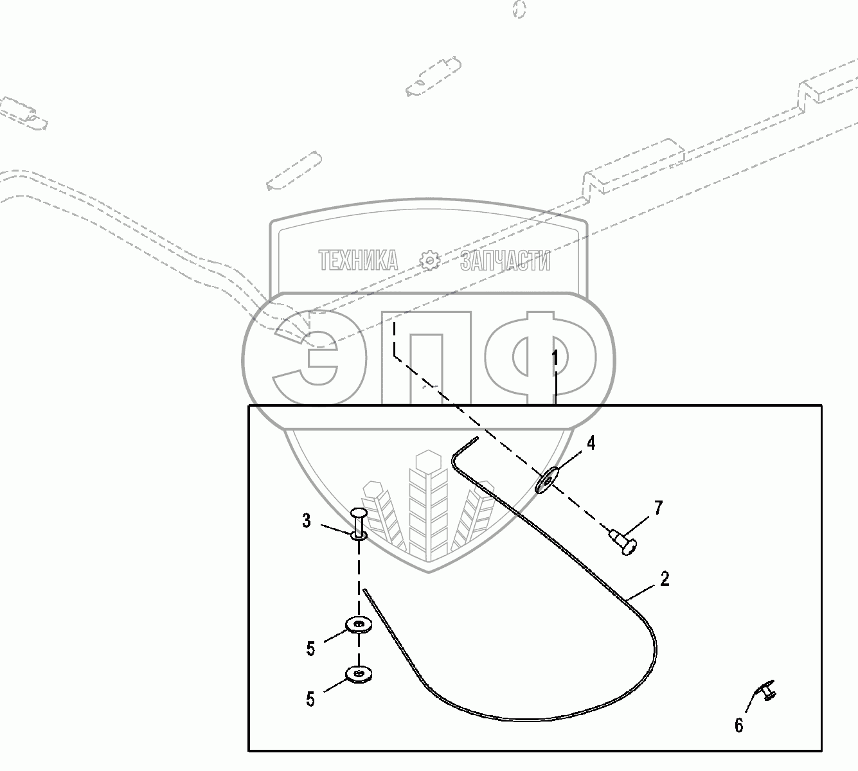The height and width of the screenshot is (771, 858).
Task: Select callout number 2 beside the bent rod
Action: click(x=665, y=578)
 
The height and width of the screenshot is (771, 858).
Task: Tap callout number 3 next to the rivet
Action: click(x=307, y=521)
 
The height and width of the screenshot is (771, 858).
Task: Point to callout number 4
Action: click(x=590, y=443)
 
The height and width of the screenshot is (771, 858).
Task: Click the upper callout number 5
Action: click(x=311, y=649)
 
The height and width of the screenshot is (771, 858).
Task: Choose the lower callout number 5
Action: click(x=311, y=698)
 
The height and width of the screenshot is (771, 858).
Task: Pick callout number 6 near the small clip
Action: click(x=738, y=725)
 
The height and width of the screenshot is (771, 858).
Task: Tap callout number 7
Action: click(x=658, y=508)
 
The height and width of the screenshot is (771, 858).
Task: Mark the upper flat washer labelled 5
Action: click(x=359, y=624)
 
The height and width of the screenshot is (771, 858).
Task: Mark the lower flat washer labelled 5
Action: click(x=359, y=674)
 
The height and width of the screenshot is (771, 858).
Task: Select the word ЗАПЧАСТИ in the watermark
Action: click(x=505, y=261)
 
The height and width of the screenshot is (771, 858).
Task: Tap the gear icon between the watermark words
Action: click(x=429, y=261)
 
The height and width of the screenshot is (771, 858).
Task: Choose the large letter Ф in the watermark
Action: click(x=540, y=357)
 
